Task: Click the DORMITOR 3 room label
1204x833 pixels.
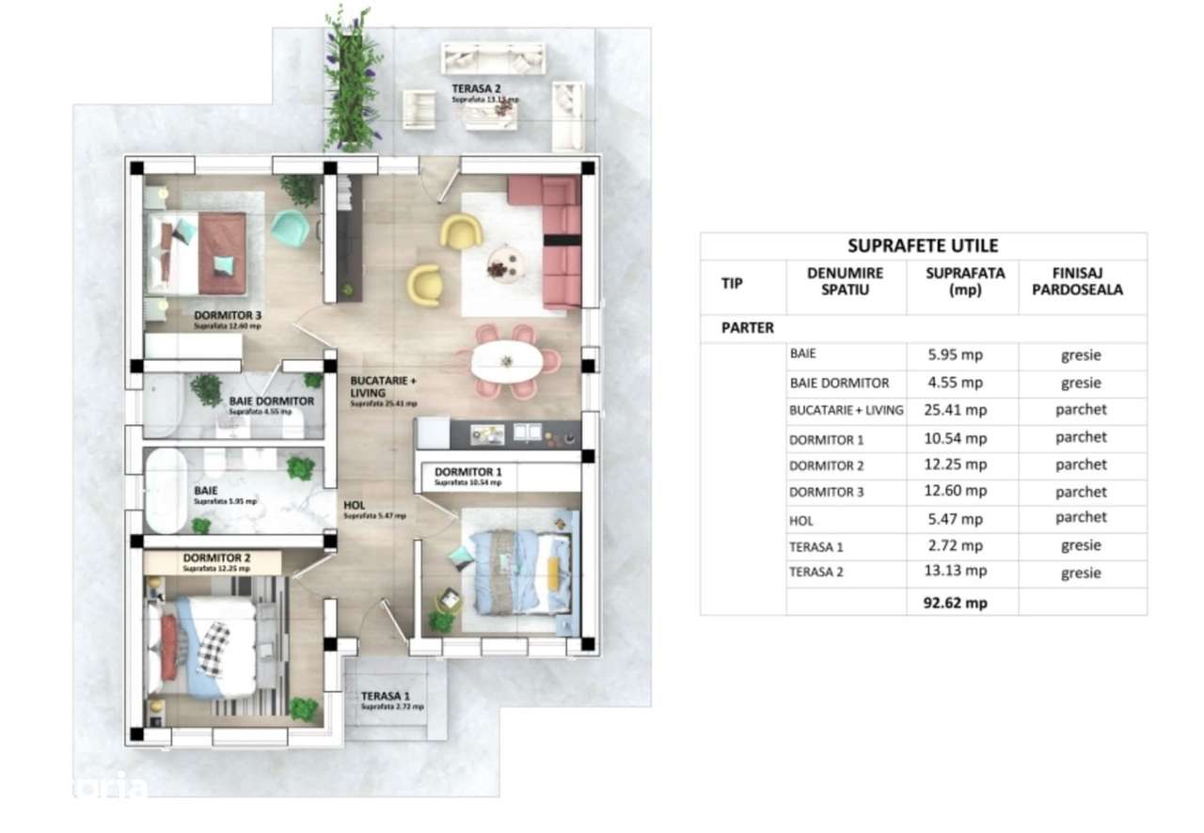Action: pyautogui.click(x=228, y=316)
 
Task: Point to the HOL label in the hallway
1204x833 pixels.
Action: pyautogui.click(x=355, y=505)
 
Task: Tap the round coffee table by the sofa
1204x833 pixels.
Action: pyautogui.click(x=502, y=264)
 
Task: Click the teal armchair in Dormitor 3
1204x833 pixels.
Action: pyautogui.click(x=291, y=228)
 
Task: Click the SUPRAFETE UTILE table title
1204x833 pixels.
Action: pyautogui.click(x=923, y=246)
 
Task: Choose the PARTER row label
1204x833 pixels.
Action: pyautogui.click(x=748, y=328)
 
